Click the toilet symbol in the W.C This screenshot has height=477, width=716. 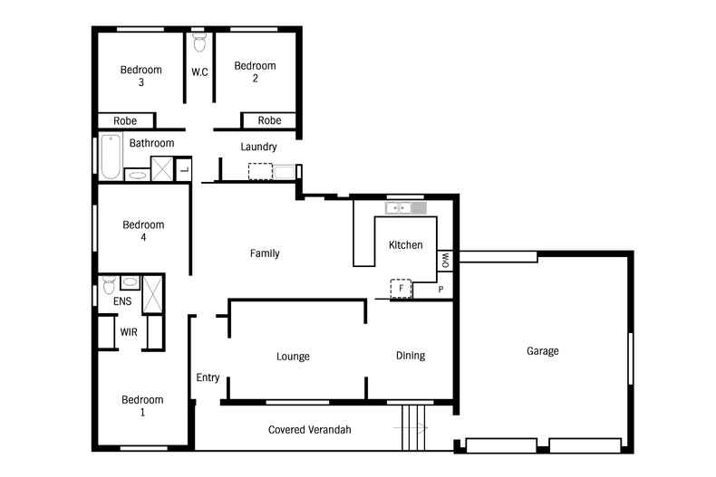pyautogui.click(x=199, y=42)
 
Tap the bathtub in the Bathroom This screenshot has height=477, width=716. pyautogui.click(x=111, y=156)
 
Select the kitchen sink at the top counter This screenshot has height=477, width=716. pyautogui.click(x=405, y=208)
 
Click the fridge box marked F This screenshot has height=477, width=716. pyautogui.click(x=400, y=289)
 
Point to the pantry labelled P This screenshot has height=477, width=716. pyautogui.click(x=441, y=290)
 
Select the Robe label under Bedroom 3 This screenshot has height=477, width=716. pyautogui.click(x=125, y=120)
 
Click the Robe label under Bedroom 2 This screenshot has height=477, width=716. pyautogui.click(x=269, y=120)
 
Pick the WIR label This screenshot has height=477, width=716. pyautogui.click(x=129, y=332)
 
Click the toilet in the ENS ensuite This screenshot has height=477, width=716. pyautogui.click(x=109, y=285)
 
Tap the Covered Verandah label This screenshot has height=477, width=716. pyautogui.click(x=310, y=429)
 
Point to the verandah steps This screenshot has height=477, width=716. pyautogui.click(x=412, y=425)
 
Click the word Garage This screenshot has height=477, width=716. pyautogui.click(x=543, y=350)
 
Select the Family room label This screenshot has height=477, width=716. pyautogui.click(x=265, y=253)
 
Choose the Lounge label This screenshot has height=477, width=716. pyautogui.click(x=293, y=356)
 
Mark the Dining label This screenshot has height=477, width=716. pyautogui.click(x=411, y=356)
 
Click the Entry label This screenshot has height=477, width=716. pyautogui.click(x=208, y=377)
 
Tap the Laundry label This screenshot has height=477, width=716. pyautogui.click(x=258, y=147)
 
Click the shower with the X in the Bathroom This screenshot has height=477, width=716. pyautogui.click(x=161, y=168)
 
